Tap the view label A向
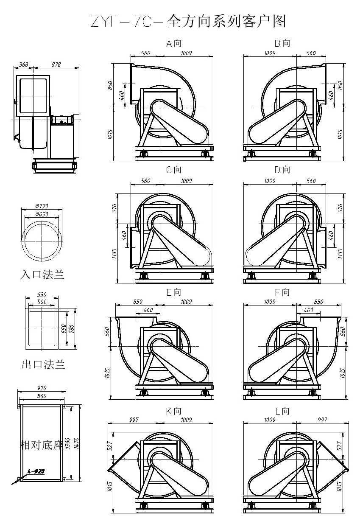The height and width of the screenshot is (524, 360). (x=174, y=43)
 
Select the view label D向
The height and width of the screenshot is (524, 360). (x=282, y=170)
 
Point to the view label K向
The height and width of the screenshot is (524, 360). (x=174, y=411)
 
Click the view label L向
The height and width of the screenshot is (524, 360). (x=282, y=411)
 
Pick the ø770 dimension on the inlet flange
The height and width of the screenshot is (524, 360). (x=42, y=206)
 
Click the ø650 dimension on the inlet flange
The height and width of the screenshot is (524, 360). (x=42, y=214)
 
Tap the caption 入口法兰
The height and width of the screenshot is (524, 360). (x=42, y=274)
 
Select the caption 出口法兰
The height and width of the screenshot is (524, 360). (x=43, y=364)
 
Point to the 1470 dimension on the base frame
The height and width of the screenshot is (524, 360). (x=76, y=443)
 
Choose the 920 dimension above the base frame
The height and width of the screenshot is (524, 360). (x=42, y=388)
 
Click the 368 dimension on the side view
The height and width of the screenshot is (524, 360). (x=23, y=64)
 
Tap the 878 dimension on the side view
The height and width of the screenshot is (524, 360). (x=56, y=64)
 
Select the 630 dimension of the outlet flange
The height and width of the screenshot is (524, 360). (x=42, y=294)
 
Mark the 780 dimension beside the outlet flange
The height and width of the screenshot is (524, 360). (x=72, y=329)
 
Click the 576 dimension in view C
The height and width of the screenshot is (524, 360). (x=114, y=208)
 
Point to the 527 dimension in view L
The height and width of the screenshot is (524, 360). (x=340, y=446)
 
